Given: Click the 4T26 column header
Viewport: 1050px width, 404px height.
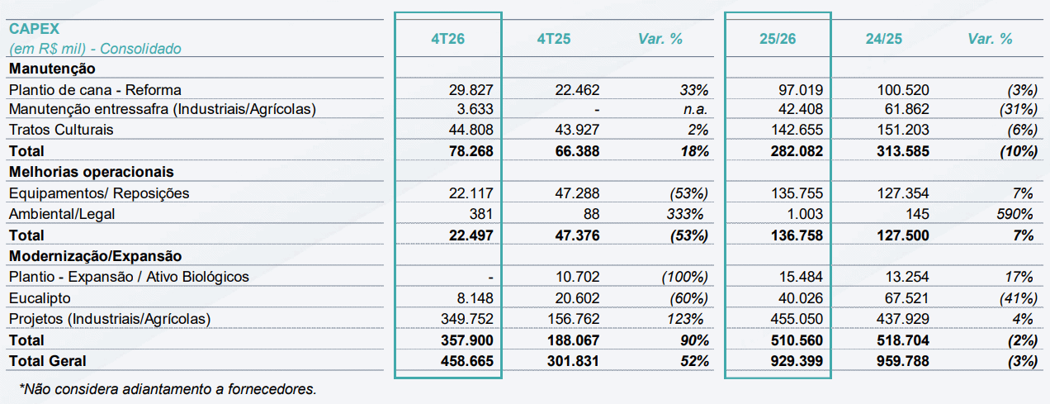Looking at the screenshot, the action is point(447,39).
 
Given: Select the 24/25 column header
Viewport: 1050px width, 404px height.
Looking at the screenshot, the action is point(883,39).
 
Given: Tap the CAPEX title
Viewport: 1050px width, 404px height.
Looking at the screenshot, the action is point(34,29).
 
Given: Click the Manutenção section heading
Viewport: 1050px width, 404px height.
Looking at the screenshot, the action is point(52,69).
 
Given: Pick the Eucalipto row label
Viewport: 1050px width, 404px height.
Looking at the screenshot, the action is point(40,298).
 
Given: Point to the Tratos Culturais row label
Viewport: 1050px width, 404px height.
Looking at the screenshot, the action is point(61,130).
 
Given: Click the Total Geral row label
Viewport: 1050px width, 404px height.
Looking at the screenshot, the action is point(47,361).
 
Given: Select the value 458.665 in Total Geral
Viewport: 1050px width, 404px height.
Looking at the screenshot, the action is point(467,361).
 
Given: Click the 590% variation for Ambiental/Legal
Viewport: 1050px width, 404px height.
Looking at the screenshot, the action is point(1015,214).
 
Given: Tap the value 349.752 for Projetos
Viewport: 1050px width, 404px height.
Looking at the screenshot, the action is point(467,319).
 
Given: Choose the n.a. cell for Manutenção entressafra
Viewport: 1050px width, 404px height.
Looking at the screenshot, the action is point(695,109).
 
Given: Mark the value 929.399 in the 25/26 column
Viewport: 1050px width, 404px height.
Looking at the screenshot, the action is point(797,361).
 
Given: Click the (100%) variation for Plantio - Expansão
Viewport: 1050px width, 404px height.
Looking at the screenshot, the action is point(685,277).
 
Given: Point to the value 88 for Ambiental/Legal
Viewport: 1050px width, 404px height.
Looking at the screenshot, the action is point(591,214).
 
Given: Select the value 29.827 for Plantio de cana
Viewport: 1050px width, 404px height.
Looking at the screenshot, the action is point(471,89).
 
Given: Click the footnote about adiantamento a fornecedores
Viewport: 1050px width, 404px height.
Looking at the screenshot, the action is point(168,389).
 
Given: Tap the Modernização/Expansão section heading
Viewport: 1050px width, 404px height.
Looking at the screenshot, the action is point(95,256).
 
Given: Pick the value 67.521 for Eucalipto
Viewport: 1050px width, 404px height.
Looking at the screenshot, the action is point(906,298).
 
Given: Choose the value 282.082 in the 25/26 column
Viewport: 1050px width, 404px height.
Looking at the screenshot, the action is point(797,151).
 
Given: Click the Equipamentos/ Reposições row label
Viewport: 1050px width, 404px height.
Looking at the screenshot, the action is point(99,193).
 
